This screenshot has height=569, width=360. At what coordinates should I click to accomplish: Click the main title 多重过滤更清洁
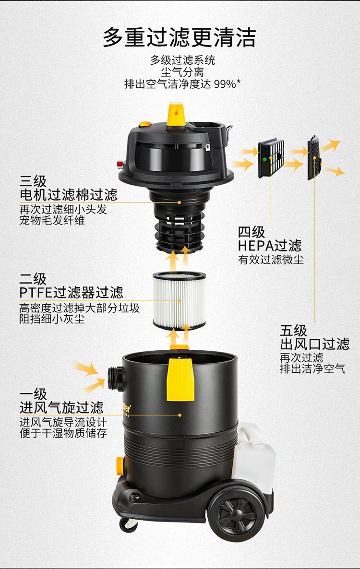click(x=179, y=37)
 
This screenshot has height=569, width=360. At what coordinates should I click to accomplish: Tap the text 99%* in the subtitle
click(x=227, y=84)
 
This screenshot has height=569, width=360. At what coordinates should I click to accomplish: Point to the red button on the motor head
click(x=120, y=164)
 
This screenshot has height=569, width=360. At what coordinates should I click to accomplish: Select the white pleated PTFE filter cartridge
click(x=179, y=300)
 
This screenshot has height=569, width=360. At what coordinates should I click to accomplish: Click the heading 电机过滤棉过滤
click(x=68, y=195)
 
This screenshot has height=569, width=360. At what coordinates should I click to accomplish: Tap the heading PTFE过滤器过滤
click(x=71, y=293)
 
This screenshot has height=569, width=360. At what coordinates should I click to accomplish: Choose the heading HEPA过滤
click(x=270, y=246)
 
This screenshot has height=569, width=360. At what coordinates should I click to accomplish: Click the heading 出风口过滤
click(x=314, y=344)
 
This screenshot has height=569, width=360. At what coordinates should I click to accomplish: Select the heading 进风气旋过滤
click(x=61, y=407)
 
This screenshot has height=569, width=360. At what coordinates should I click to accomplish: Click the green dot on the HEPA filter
click(x=264, y=159)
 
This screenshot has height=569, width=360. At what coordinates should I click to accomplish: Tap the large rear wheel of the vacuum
click(x=237, y=515)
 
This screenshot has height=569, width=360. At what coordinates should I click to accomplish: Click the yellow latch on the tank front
click(x=180, y=379)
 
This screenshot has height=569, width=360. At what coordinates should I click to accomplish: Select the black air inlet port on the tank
click(x=116, y=379)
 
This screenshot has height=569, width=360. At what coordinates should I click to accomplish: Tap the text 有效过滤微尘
click(x=271, y=260)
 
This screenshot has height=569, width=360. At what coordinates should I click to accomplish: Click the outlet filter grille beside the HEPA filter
click(x=314, y=158)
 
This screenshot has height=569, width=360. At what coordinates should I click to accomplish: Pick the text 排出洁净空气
click(x=312, y=368)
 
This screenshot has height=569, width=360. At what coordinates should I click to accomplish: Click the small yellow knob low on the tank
click(x=120, y=465)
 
